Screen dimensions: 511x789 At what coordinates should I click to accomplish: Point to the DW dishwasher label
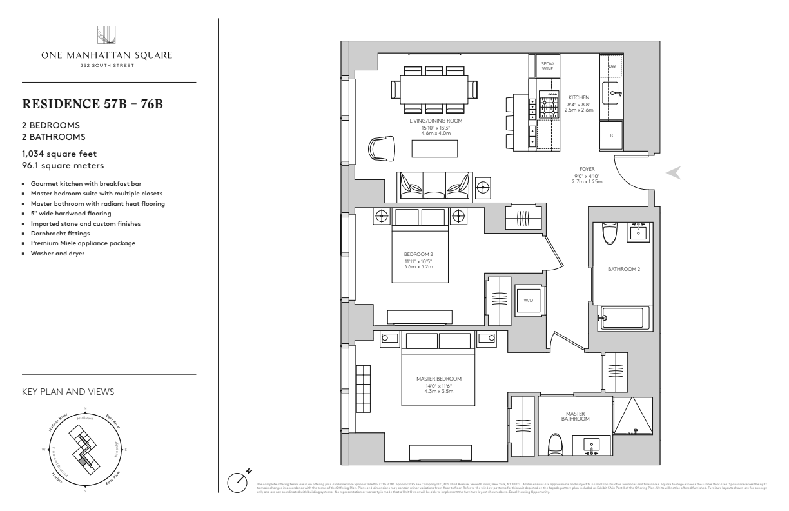(612, 66)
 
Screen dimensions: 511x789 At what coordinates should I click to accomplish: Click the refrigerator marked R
(611, 135)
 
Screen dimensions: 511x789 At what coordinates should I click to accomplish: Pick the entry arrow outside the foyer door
(672, 173)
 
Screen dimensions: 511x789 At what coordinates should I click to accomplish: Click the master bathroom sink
(592, 445)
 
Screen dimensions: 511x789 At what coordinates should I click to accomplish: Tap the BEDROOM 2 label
(415, 254)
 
